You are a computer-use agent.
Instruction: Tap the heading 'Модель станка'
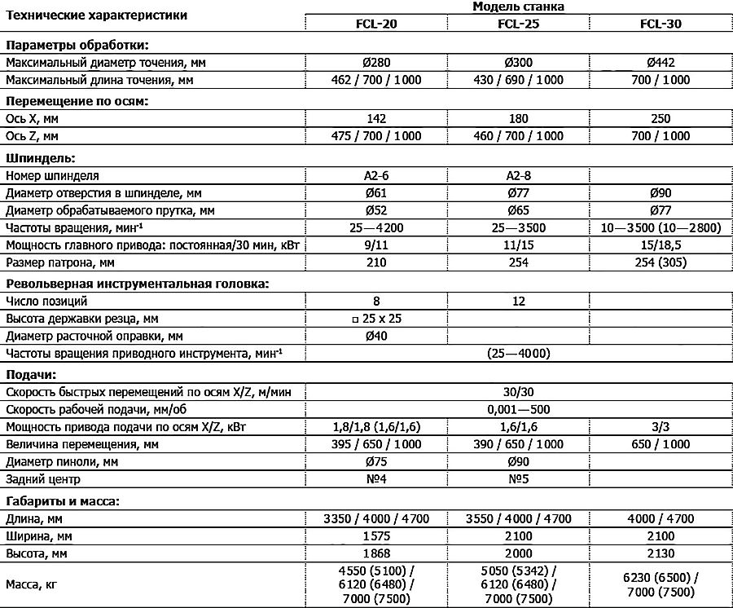[x=519, y=7]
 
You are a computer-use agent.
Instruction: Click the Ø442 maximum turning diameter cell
[x=661, y=62]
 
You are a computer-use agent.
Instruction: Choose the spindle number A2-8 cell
[x=519, y=175]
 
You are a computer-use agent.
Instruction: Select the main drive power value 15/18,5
[x=661, y=245]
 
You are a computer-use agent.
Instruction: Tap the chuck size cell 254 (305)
[x=661, y=263]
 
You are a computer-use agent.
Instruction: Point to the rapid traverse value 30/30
[x=519, y=392]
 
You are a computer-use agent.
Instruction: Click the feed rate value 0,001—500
[x=519, y=409]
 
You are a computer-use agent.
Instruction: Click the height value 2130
[x=661, y=553]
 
